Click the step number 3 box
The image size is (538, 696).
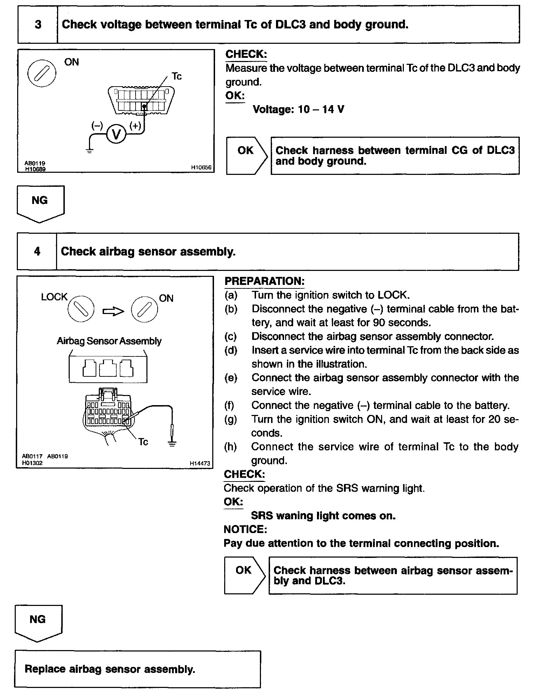click(38, 25)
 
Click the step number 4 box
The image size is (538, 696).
click(37, 251)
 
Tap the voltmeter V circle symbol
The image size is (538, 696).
click(116, 134)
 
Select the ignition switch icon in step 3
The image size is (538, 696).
click(42, 74)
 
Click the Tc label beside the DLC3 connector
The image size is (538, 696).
click(177, 76)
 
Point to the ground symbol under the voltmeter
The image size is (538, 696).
click(90, 151)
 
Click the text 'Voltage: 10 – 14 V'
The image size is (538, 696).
click(298, 109)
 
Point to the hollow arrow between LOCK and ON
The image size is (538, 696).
click(113, 311)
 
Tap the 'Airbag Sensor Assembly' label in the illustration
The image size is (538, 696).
click(109, 341)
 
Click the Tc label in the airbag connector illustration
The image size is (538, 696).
click(143, 442)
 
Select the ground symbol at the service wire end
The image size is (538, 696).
click(172, 444)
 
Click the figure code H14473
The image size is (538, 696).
click(200, 463)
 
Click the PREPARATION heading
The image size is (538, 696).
click(264, 281)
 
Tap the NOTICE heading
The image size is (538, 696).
click(246, 529)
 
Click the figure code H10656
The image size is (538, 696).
click(201, 168)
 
